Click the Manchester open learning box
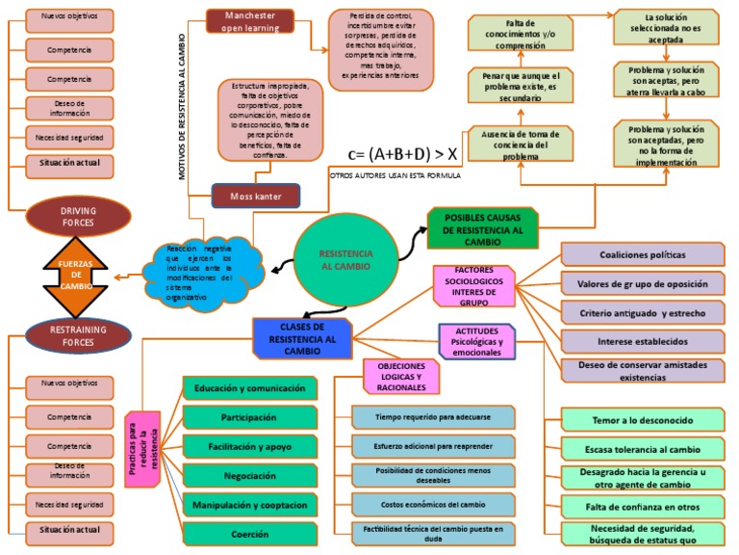pyautogui.click(x=250, y=22)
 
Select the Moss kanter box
pyautogui.click(x=255, y=197)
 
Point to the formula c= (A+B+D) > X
pyautogui.click(x=403, y=152)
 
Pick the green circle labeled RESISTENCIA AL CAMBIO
pyautogui.click(x=345, y=258)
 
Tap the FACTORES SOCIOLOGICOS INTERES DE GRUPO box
pyautogui.click(x=475, y=286)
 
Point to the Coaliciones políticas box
pyautogui.click(x=642, y=254)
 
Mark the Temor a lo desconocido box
pyautogui.click(x=642, y=420)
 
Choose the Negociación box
pyautogui.click(x=249, y=476)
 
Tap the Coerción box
pyautogui.click(x=249, y=533)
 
